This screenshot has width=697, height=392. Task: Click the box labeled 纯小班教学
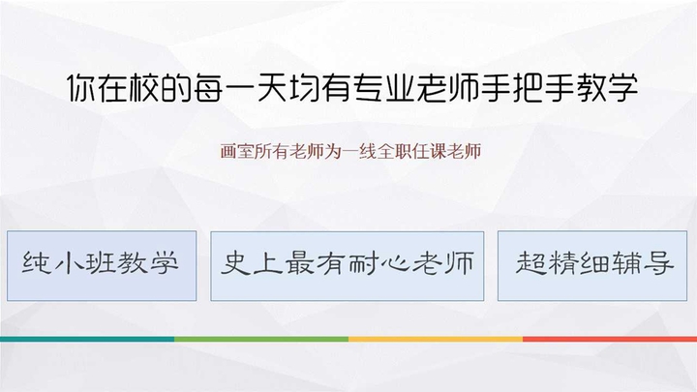point(102,266)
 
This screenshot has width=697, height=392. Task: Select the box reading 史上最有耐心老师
point(348,266)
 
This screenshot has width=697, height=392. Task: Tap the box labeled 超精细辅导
point(592,266)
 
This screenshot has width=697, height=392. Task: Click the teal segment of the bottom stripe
point(87,339)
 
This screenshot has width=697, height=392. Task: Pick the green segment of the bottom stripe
point(261,339)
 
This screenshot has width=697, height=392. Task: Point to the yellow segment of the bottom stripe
point(436,339)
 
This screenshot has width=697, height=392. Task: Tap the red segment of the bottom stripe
point(610,339)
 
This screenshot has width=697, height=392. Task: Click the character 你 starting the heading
point(82,87)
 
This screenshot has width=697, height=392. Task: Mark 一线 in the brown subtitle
point(359,152)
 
